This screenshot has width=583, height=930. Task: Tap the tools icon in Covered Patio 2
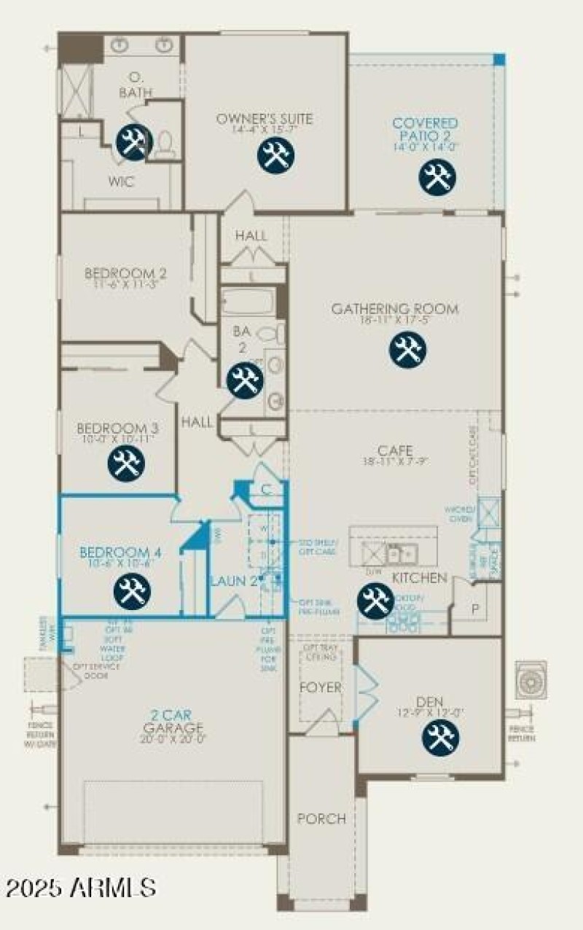[437, 176]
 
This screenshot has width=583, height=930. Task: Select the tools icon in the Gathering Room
[407, 349]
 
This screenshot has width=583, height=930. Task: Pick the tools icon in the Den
[440, 738]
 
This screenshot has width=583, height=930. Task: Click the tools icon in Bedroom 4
[133, 590]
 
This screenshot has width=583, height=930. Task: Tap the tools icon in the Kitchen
[375, 601]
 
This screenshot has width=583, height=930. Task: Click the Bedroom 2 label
[125, 274]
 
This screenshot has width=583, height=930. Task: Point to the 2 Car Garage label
[173, 722]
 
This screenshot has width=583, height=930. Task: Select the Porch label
[321, 818]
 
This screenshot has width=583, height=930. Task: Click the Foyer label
[321, 687]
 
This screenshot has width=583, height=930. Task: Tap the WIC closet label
[121, 181]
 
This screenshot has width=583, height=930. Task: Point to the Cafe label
[395, 450]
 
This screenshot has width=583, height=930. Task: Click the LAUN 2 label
[234, 581]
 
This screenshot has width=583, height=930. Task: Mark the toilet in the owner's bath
[164, 143]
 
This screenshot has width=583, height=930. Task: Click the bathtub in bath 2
[248, 300]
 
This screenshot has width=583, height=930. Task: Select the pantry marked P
[474, 609]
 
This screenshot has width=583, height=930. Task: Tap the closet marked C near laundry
[267, 489]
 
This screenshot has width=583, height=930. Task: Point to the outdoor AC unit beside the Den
[531, 679]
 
